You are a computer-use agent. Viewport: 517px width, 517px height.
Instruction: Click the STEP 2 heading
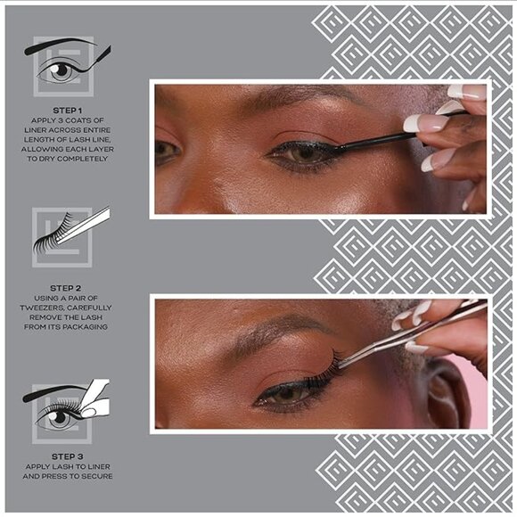pyautogui.click(x=67, y=287)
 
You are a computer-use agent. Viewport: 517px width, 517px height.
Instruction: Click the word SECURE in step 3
pyautogui.click(x=94, y=476)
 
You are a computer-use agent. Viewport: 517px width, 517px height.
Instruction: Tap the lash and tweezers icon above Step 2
pyautogui.click(x=70, y=234)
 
